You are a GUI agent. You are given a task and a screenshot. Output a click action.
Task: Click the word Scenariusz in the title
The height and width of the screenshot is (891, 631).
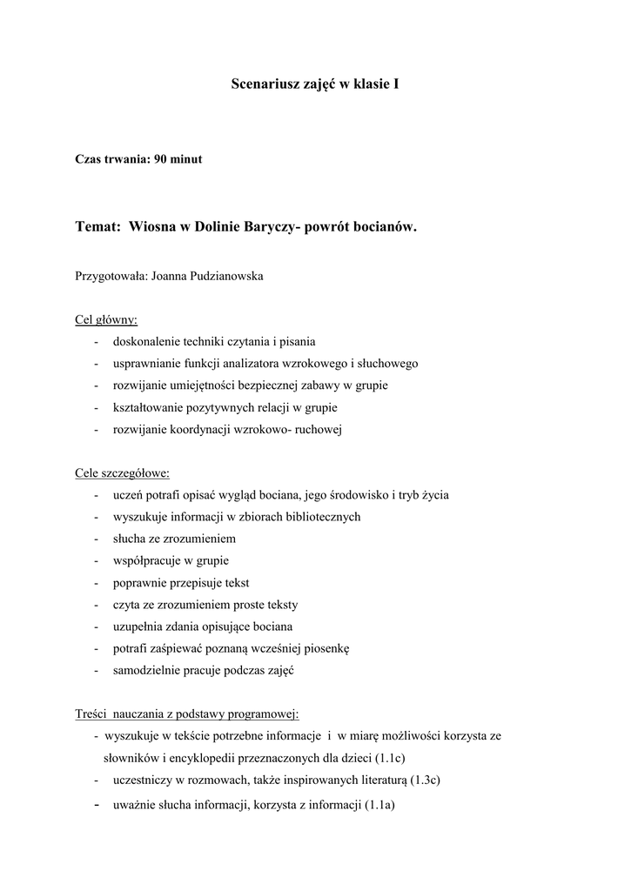(263, 84)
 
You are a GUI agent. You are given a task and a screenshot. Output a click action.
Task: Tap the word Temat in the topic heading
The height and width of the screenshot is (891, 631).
(97, 227)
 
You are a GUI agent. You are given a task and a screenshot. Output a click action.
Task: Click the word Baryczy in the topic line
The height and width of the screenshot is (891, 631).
(272, 227)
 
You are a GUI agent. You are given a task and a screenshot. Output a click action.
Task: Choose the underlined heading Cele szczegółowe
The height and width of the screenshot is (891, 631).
(123, 473)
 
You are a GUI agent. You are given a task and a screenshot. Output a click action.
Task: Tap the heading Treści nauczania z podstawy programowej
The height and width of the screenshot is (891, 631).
(187, 714)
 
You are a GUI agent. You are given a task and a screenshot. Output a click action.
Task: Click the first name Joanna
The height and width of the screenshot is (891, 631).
(171, 277)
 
